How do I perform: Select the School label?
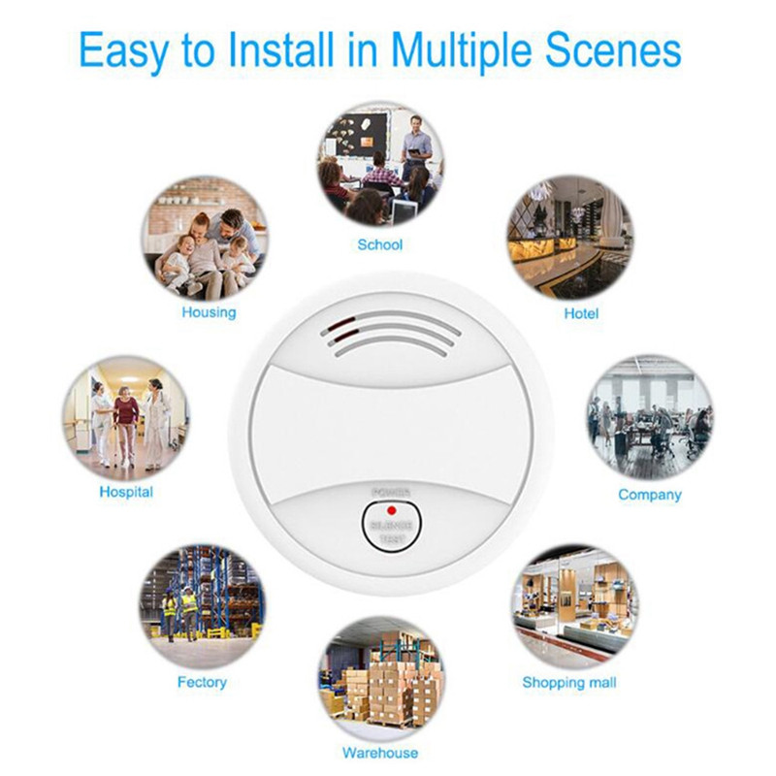coord(380,244)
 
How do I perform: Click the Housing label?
coord(209,312)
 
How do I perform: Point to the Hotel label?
coord(581,313)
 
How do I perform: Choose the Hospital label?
coord(126,492)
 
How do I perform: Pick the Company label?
coord(650,495)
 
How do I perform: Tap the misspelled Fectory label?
coord(202,682)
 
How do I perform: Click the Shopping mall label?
coord(569,682)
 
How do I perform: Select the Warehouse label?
coord(380,753)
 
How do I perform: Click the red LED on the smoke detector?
coord(389,509)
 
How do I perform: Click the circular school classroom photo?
coord(380,165)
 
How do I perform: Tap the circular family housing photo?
coord(206,239)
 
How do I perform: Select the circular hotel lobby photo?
coord(569,239)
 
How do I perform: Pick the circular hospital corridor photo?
coord(127,419)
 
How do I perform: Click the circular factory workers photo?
coord(202,604)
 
